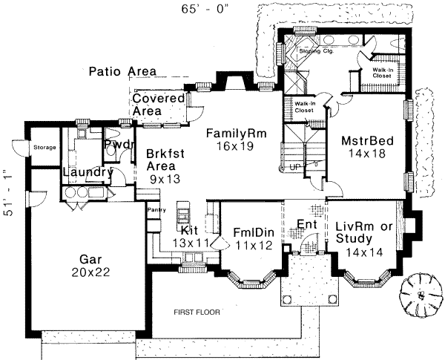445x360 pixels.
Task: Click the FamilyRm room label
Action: pyautogui.click(x=235, y=134)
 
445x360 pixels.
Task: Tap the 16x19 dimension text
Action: pyautogui.click(x=235, y=147)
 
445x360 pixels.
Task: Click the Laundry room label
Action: pyautogui.click(x=86, y=173)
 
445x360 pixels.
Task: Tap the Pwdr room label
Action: pyautogui.click(x=119, y=144)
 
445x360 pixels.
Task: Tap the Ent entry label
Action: pyautogui.click(x=307, y=223)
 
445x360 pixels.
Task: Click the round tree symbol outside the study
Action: pyautogui.click(x=420, y=295)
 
